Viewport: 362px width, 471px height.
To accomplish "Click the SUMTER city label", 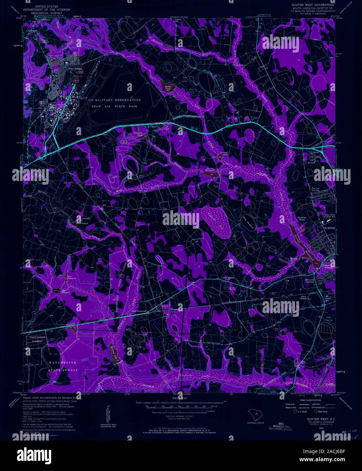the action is point(329,228).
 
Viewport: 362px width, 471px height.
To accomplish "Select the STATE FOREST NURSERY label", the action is point(36,340).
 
